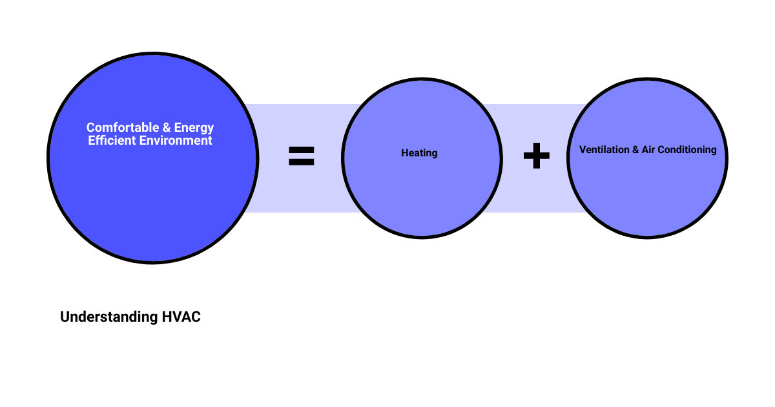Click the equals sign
(x=302, y=156)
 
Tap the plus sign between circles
(x=536, y=156)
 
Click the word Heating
(x=419, y=153)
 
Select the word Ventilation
(x=604, y=149)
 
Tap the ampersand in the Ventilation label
(x=635, y=149)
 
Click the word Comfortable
(x=123, y=127)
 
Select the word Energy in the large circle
(x=194, y=128)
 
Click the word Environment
(x=176, y=141)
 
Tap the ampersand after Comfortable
(x=167, y=127)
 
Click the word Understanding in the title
(x=109, y=317)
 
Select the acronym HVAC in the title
(x=181, y=317)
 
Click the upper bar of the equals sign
(x=302, y=149)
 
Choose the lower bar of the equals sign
(x=302, y=162)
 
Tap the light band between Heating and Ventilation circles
(x=535, y=194)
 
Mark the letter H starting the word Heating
(x=405, y=152)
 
